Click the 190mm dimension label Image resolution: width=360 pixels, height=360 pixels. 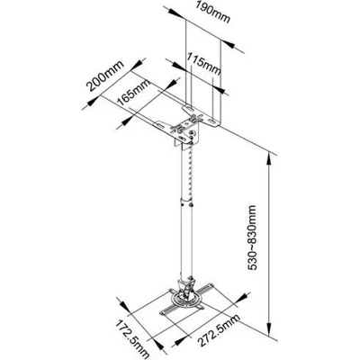click(x=212, y=12)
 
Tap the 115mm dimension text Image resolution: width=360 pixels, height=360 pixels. click(x=203, y=63)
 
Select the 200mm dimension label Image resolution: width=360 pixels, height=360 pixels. click(x=105, y=76)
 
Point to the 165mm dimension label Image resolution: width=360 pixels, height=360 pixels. click(x=133, y=92)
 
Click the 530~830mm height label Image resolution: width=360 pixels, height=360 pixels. click(x=252, y=238)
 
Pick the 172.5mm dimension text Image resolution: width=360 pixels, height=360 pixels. click(x=132, y=340)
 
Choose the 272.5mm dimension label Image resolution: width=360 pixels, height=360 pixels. click(x=220, y=329)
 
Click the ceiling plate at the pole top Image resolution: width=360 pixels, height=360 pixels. click(x=187, y=125)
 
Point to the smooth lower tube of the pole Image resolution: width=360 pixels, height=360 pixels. click(x=186, y=240)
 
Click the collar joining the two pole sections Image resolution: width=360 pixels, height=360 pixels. click(x=186, y=202)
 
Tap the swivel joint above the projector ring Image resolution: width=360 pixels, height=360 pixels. click(x=186, y=286)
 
